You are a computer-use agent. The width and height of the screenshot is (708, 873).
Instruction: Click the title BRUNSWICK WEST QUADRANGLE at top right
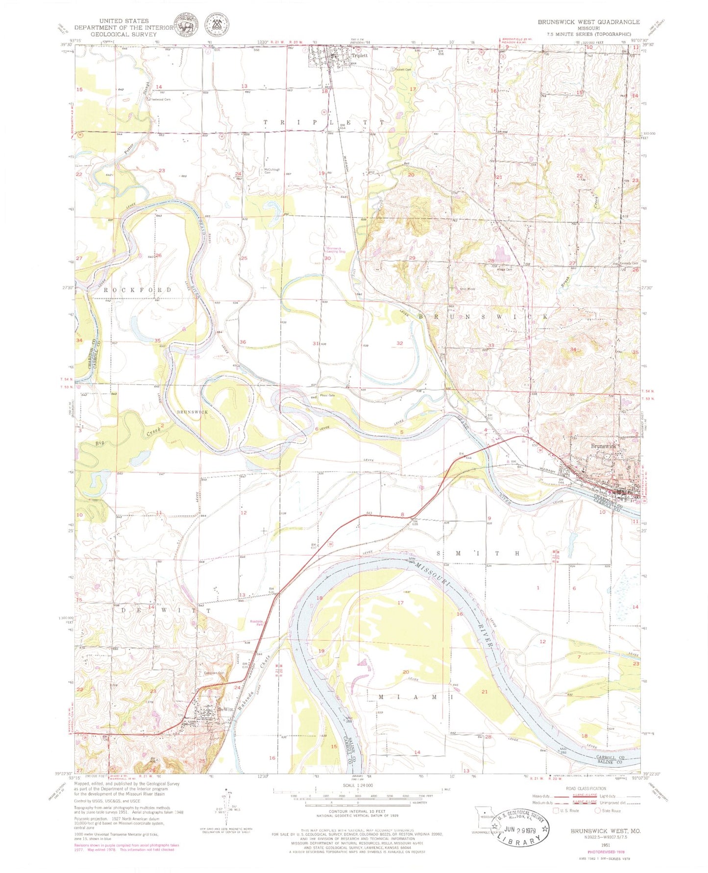(588, 22)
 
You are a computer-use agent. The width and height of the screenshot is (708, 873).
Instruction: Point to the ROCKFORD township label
(138, 290)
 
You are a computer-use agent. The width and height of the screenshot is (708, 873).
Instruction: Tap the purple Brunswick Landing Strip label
(336, 250)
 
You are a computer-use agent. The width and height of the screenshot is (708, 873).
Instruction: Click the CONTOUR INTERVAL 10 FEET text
(357, 812)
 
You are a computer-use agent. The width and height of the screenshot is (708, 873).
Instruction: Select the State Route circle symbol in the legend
(598, 811)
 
